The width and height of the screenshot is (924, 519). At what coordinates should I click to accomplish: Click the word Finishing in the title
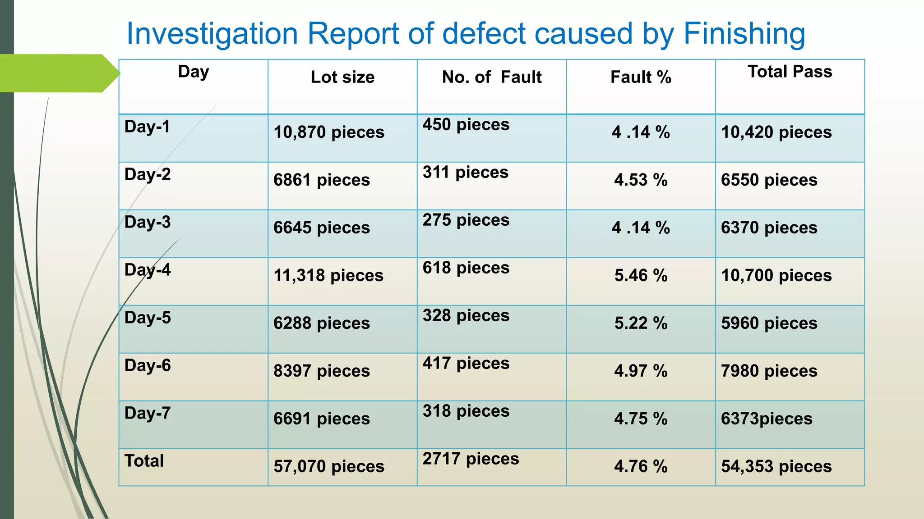[x=744, y=34]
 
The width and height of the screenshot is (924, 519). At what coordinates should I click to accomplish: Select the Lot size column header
[x=342, y=77]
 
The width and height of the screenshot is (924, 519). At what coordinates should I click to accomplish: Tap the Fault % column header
[x=641, y=77]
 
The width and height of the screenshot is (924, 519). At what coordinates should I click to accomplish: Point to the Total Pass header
[x=790, y=72]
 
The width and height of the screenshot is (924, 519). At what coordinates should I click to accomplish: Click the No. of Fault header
[x=491, y=77]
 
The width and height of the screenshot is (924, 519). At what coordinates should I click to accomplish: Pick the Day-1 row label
[x=147, y=127]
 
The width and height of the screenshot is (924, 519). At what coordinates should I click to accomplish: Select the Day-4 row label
[x=148, y=270]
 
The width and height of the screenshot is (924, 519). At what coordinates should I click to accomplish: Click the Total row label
[x=144, y=461]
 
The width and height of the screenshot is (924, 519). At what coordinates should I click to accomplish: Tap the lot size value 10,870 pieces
[x=329, y=132]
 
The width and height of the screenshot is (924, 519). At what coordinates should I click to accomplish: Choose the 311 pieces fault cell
[x=465, y=172]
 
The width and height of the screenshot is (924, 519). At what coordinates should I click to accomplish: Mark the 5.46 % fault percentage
[x=641, y=275]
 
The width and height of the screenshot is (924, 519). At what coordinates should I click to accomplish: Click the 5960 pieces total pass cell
[x=769, y=323]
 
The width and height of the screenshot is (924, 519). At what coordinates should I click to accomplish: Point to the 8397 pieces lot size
[x=321, y=371]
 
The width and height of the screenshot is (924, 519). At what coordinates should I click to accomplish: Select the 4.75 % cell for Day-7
[x=641, y=419]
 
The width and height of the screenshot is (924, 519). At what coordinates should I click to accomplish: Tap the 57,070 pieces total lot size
[x=329, y=466]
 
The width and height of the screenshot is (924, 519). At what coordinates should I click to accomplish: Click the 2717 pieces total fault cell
[x=471, y=459]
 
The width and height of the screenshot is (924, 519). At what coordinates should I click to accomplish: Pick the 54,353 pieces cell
[x=776, y=466]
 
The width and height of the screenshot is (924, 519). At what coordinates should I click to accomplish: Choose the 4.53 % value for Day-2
[x=641, y=180]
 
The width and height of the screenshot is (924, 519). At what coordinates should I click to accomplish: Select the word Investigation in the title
[x=212, y=34]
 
